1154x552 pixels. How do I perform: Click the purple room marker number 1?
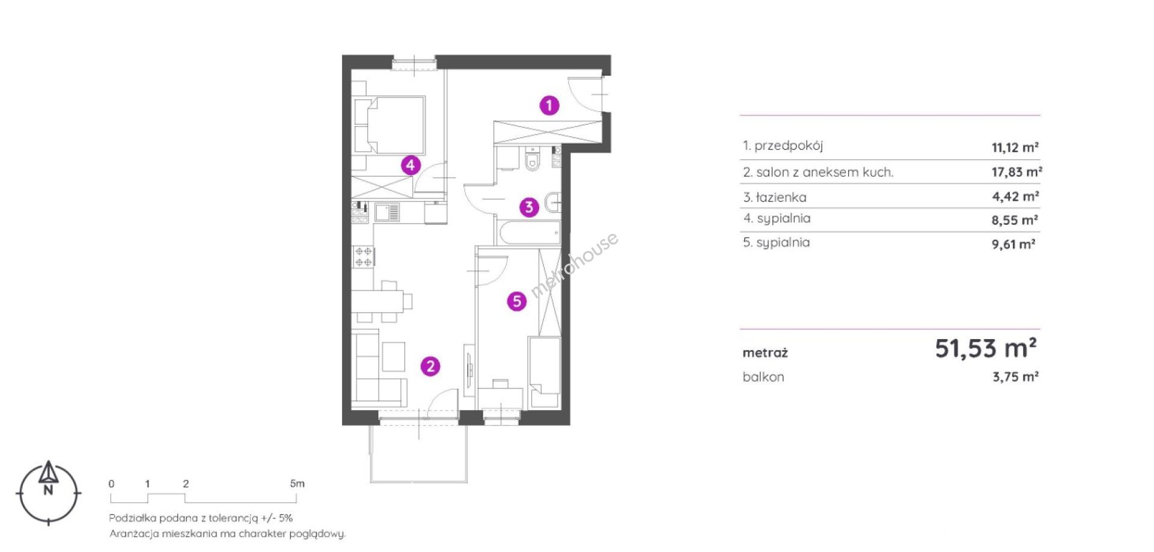(x=549, y=106)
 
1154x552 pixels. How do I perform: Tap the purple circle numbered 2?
(x=430, y=366)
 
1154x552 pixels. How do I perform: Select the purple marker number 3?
(x=529, y=207)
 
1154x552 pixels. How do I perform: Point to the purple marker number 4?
(x=411, y=165)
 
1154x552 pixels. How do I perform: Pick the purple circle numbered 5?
(x=517, y=301)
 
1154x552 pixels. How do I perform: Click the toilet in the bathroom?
(x=532, y=159)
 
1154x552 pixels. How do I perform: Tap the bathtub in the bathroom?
(x=528, y=232)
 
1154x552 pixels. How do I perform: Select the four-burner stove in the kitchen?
(x=363, y=256)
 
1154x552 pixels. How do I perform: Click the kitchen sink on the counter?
(x=386, y=212)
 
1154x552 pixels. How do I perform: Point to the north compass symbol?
(x=49, y=492)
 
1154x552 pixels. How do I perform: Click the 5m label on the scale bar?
(x=298, y=483)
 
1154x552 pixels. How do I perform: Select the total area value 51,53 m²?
(x=986, y=348)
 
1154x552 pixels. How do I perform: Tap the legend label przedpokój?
(x=789, y=146)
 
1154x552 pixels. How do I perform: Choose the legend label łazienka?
(x=781, y=197)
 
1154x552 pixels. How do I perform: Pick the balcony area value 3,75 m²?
(x=1016, y=377)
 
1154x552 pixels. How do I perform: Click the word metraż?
(x=765, y=353)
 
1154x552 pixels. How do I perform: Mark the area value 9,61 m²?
(x=1013, y=244)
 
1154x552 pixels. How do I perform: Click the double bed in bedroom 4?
(x=389, y=125)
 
